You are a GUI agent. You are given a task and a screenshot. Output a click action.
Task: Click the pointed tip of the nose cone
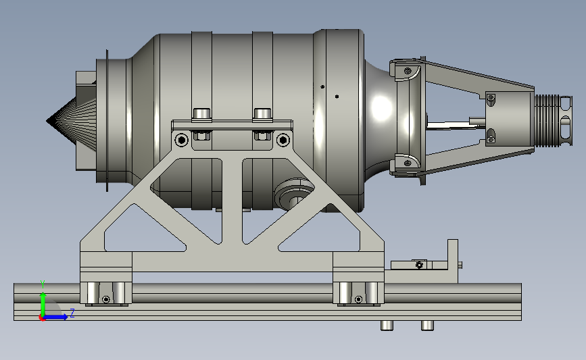click(47, 121)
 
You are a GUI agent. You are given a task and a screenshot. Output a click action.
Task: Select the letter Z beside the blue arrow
click(72, 313)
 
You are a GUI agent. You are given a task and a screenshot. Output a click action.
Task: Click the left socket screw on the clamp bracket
click(182, 140)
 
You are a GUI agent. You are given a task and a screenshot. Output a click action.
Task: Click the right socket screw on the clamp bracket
click(283, 140)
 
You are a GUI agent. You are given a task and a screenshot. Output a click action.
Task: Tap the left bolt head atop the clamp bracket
click(201, 114)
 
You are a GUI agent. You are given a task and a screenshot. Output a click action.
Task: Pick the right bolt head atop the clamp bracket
click(262, 114)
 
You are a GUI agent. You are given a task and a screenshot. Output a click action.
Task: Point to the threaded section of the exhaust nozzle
click(547, 120)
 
